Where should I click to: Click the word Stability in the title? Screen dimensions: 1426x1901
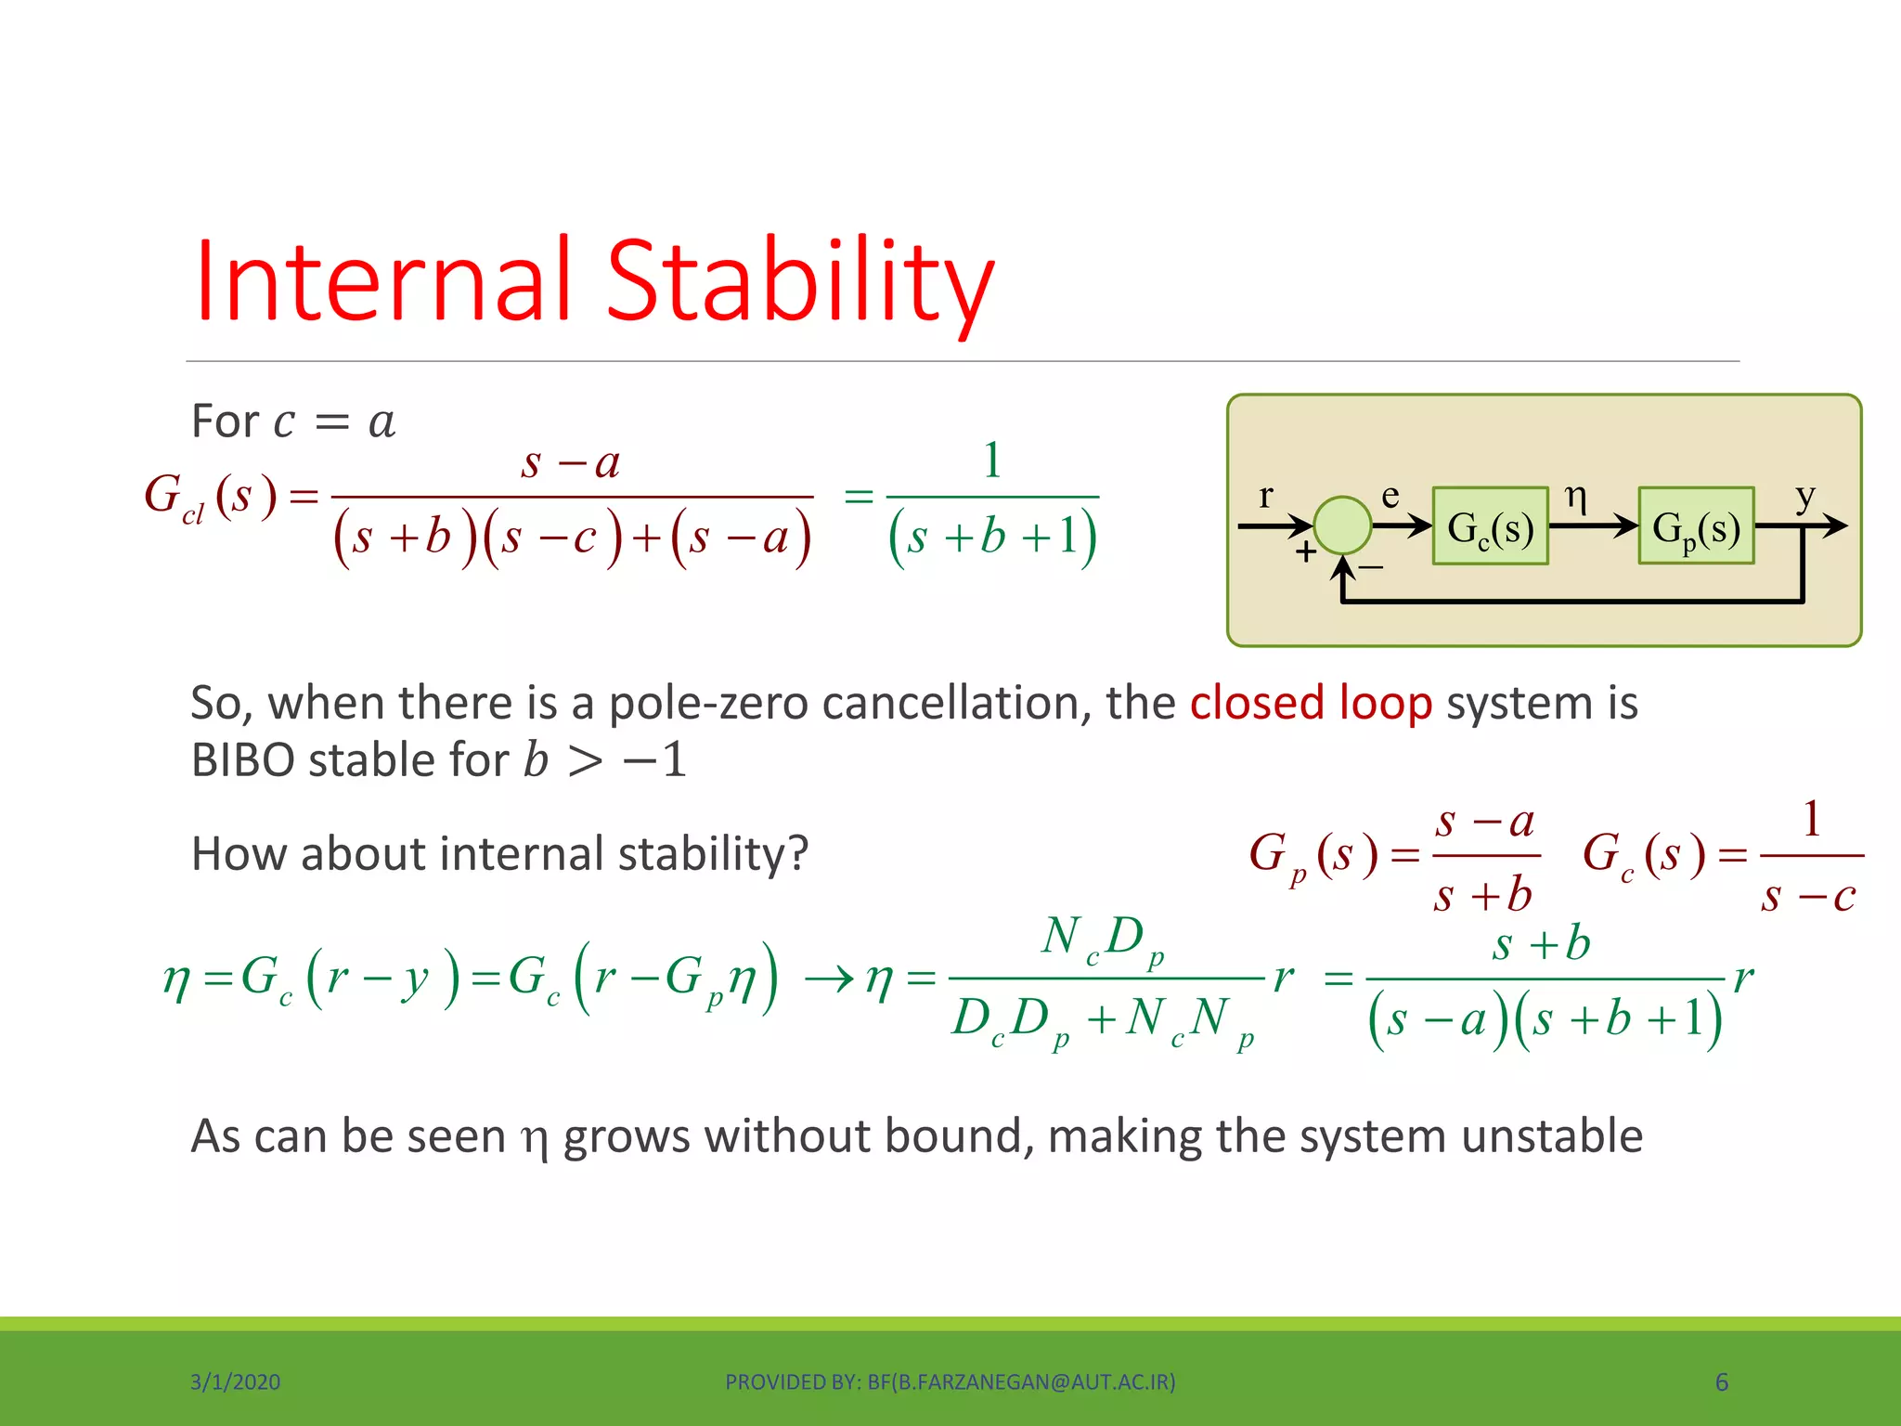tap(799, 281)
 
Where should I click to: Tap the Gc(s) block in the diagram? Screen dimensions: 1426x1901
tap(1490, 526)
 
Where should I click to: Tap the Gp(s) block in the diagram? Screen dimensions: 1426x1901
tap(1696, 526)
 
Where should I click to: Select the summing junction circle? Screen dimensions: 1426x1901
tap(1342, 525)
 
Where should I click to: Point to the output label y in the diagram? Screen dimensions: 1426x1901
tap(1804, 497)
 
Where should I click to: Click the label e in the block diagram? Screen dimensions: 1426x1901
tap(1390, 496)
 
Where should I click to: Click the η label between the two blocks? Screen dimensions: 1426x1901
tap(1575, 496)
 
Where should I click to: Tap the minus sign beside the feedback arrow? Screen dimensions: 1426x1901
tap(1371, 566)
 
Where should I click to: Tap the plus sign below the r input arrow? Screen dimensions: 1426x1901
tap(1306, 552)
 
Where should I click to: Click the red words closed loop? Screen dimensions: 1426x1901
tap(1311, 703)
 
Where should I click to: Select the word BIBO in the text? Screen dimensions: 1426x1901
tap(243, 760)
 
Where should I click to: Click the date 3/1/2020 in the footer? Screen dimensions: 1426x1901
tap(235, 1382)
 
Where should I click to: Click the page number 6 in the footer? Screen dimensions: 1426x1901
tap(1721, 1382)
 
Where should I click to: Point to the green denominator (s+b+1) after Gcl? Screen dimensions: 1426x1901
tap(992, 538)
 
